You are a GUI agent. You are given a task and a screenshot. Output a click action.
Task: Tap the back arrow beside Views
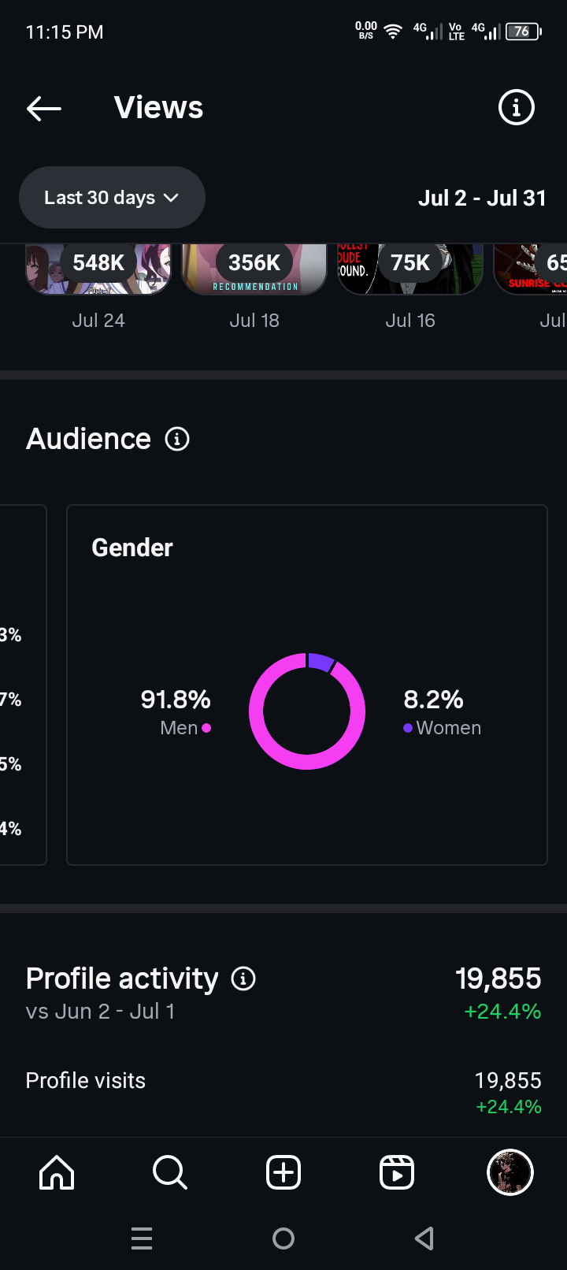click(x=44, y=108)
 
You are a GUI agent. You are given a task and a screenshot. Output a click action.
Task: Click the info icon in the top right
click(x=517, y=107)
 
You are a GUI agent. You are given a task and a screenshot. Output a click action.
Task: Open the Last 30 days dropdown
click(x=112, y=198)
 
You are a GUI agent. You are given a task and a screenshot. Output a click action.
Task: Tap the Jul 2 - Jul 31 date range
click(x=482, y=198)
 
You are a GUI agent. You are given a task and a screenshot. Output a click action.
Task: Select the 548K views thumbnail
click(x=98, y=268)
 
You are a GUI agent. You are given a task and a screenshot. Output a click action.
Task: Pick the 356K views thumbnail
click(x=254, y=268)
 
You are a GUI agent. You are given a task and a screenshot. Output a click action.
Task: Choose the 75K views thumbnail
click(x=410, y=268)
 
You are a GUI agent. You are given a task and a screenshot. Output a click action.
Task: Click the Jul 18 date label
click(x=254, y=321)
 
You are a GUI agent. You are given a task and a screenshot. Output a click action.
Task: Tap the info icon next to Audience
click(x=177, y=439)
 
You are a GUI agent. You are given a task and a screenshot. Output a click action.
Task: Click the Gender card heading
click(x=132, y=548)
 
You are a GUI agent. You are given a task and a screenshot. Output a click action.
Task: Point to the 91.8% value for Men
click(x=176, y=699)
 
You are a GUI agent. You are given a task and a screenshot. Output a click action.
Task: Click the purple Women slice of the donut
click(x=321, y=662)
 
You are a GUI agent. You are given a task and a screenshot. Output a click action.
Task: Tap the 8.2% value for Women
click(x=433, y=699)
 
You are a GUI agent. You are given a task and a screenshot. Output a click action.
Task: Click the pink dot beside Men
click(x=206, y=728)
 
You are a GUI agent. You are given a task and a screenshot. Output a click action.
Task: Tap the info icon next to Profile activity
click(x=243, y=978)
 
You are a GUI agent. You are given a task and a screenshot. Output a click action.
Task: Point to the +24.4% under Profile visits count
click(x=509, y=1107)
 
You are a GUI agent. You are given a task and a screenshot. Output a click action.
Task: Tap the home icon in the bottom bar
click(x=57, y=1172)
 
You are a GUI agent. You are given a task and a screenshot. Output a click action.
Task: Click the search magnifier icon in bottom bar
click(x=169, y=1172)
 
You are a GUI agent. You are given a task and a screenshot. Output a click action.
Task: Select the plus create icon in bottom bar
click(x=283, y=1172)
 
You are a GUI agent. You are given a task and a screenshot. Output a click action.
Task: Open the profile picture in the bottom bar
click(x=510, y=1172)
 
